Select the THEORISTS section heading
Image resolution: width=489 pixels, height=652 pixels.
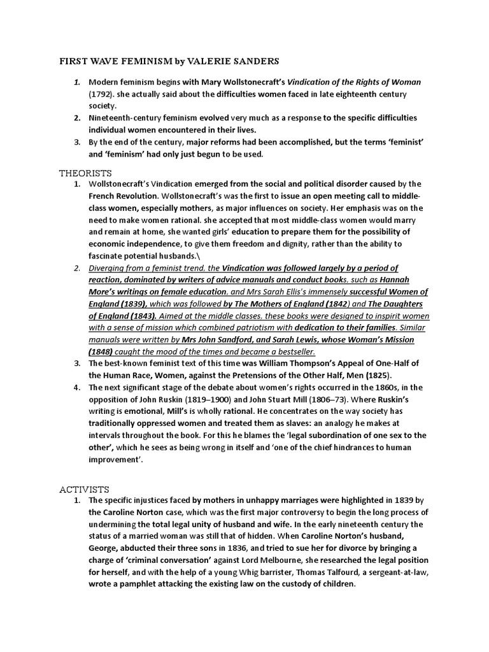click(85, 173)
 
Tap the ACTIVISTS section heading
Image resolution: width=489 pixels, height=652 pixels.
click(85, 489)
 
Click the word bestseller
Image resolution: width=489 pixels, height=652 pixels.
click(292, 352)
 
